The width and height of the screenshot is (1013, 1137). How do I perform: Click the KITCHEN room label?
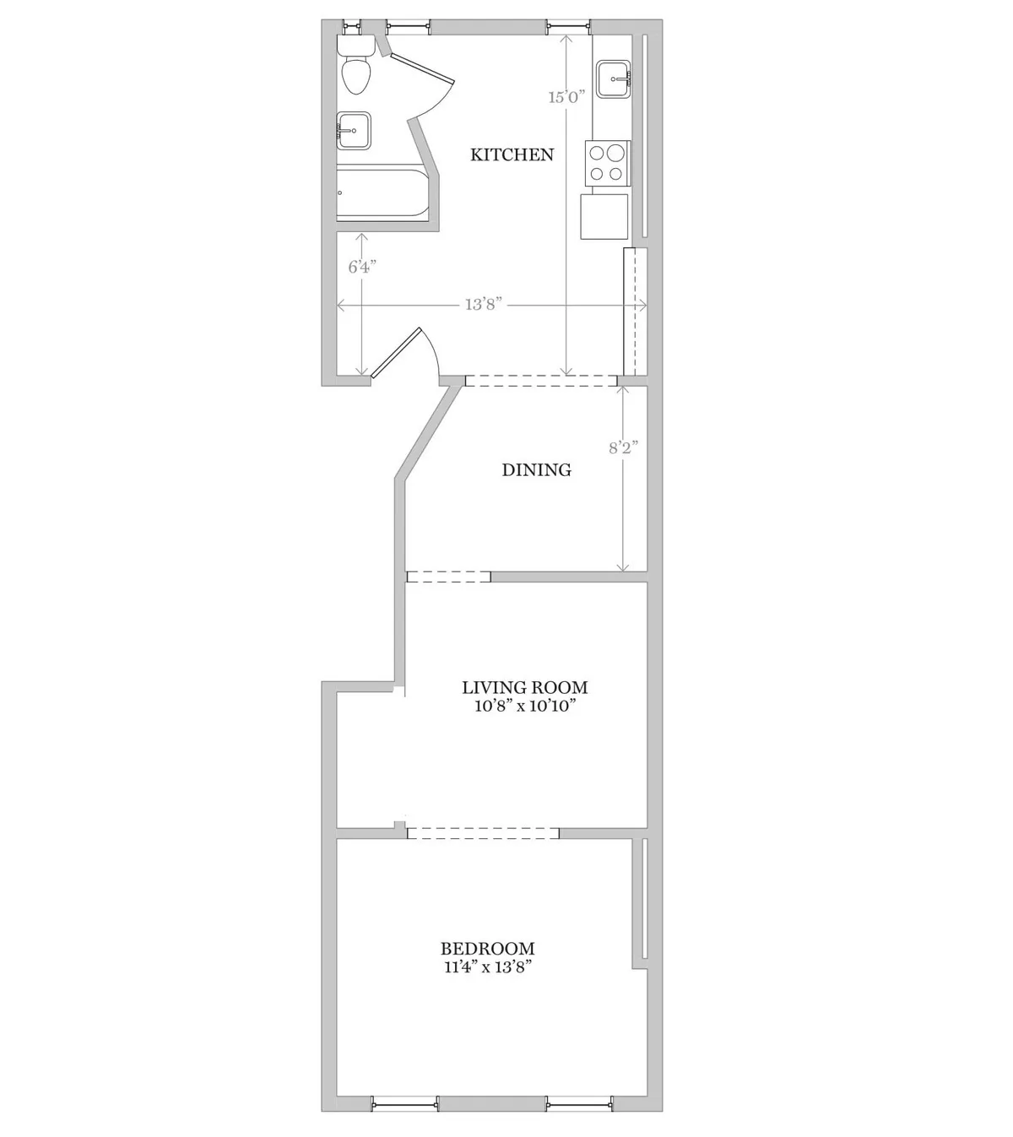coord(512,154)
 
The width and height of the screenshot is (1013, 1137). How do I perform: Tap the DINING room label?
coord(536,470)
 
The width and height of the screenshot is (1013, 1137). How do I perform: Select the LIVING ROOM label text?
coord(524,687)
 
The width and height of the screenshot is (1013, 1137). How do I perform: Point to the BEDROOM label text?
coord(487,949)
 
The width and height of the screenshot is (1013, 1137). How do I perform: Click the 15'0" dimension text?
coord(566,96)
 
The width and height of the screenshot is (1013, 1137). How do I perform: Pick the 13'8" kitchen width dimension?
coord(484,305)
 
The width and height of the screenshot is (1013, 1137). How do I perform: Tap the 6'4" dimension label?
coord(362,267)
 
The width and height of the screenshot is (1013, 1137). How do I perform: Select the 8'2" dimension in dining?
coord(623,447)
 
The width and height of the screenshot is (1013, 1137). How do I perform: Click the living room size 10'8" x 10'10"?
coord(524,706)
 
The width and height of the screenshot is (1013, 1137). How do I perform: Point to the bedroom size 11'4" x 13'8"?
coord(487,967)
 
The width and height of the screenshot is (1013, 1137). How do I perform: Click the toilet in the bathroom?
coord(355,69)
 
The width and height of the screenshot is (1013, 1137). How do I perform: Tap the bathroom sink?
coord(353,131)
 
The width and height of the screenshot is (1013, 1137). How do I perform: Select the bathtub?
coord(384,196)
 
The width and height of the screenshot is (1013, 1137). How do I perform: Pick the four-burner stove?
coord(608,163)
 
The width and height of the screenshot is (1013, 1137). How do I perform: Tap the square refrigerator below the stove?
coord(604,217)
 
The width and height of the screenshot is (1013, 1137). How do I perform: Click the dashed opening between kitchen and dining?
coord(540,382)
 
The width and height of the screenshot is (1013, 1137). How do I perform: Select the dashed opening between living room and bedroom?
coord(483,833)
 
